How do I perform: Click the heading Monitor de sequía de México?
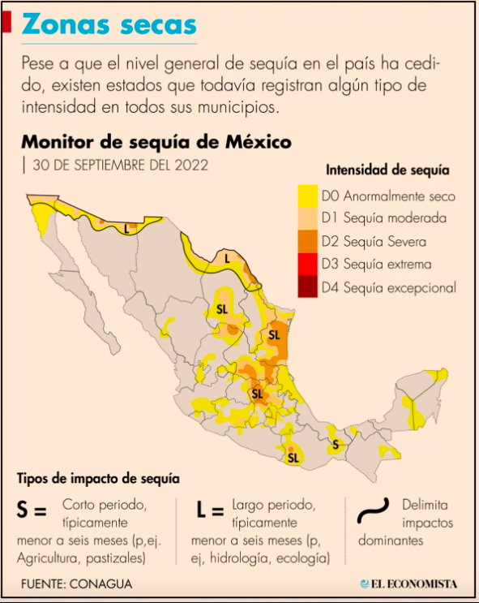coord(156,142)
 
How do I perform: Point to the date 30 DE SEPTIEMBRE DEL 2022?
coord(120,165)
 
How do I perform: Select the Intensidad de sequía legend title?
coord(387,170)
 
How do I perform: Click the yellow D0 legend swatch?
coord(307,196)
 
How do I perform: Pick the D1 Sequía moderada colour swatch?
coord(307,218)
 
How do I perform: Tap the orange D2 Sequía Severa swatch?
coord(307,241)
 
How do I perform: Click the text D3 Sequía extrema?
coord(376,264)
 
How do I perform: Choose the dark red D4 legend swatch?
coord(307,286)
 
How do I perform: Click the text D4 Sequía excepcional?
coord(388,286)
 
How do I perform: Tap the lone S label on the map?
coord(336,444)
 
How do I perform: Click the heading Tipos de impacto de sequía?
coord(97,479)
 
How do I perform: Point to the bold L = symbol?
coord(209,510)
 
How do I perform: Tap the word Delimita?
coord(425,504)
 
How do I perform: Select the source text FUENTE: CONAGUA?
coord(76,583)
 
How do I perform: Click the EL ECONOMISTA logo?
coord(409,583)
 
